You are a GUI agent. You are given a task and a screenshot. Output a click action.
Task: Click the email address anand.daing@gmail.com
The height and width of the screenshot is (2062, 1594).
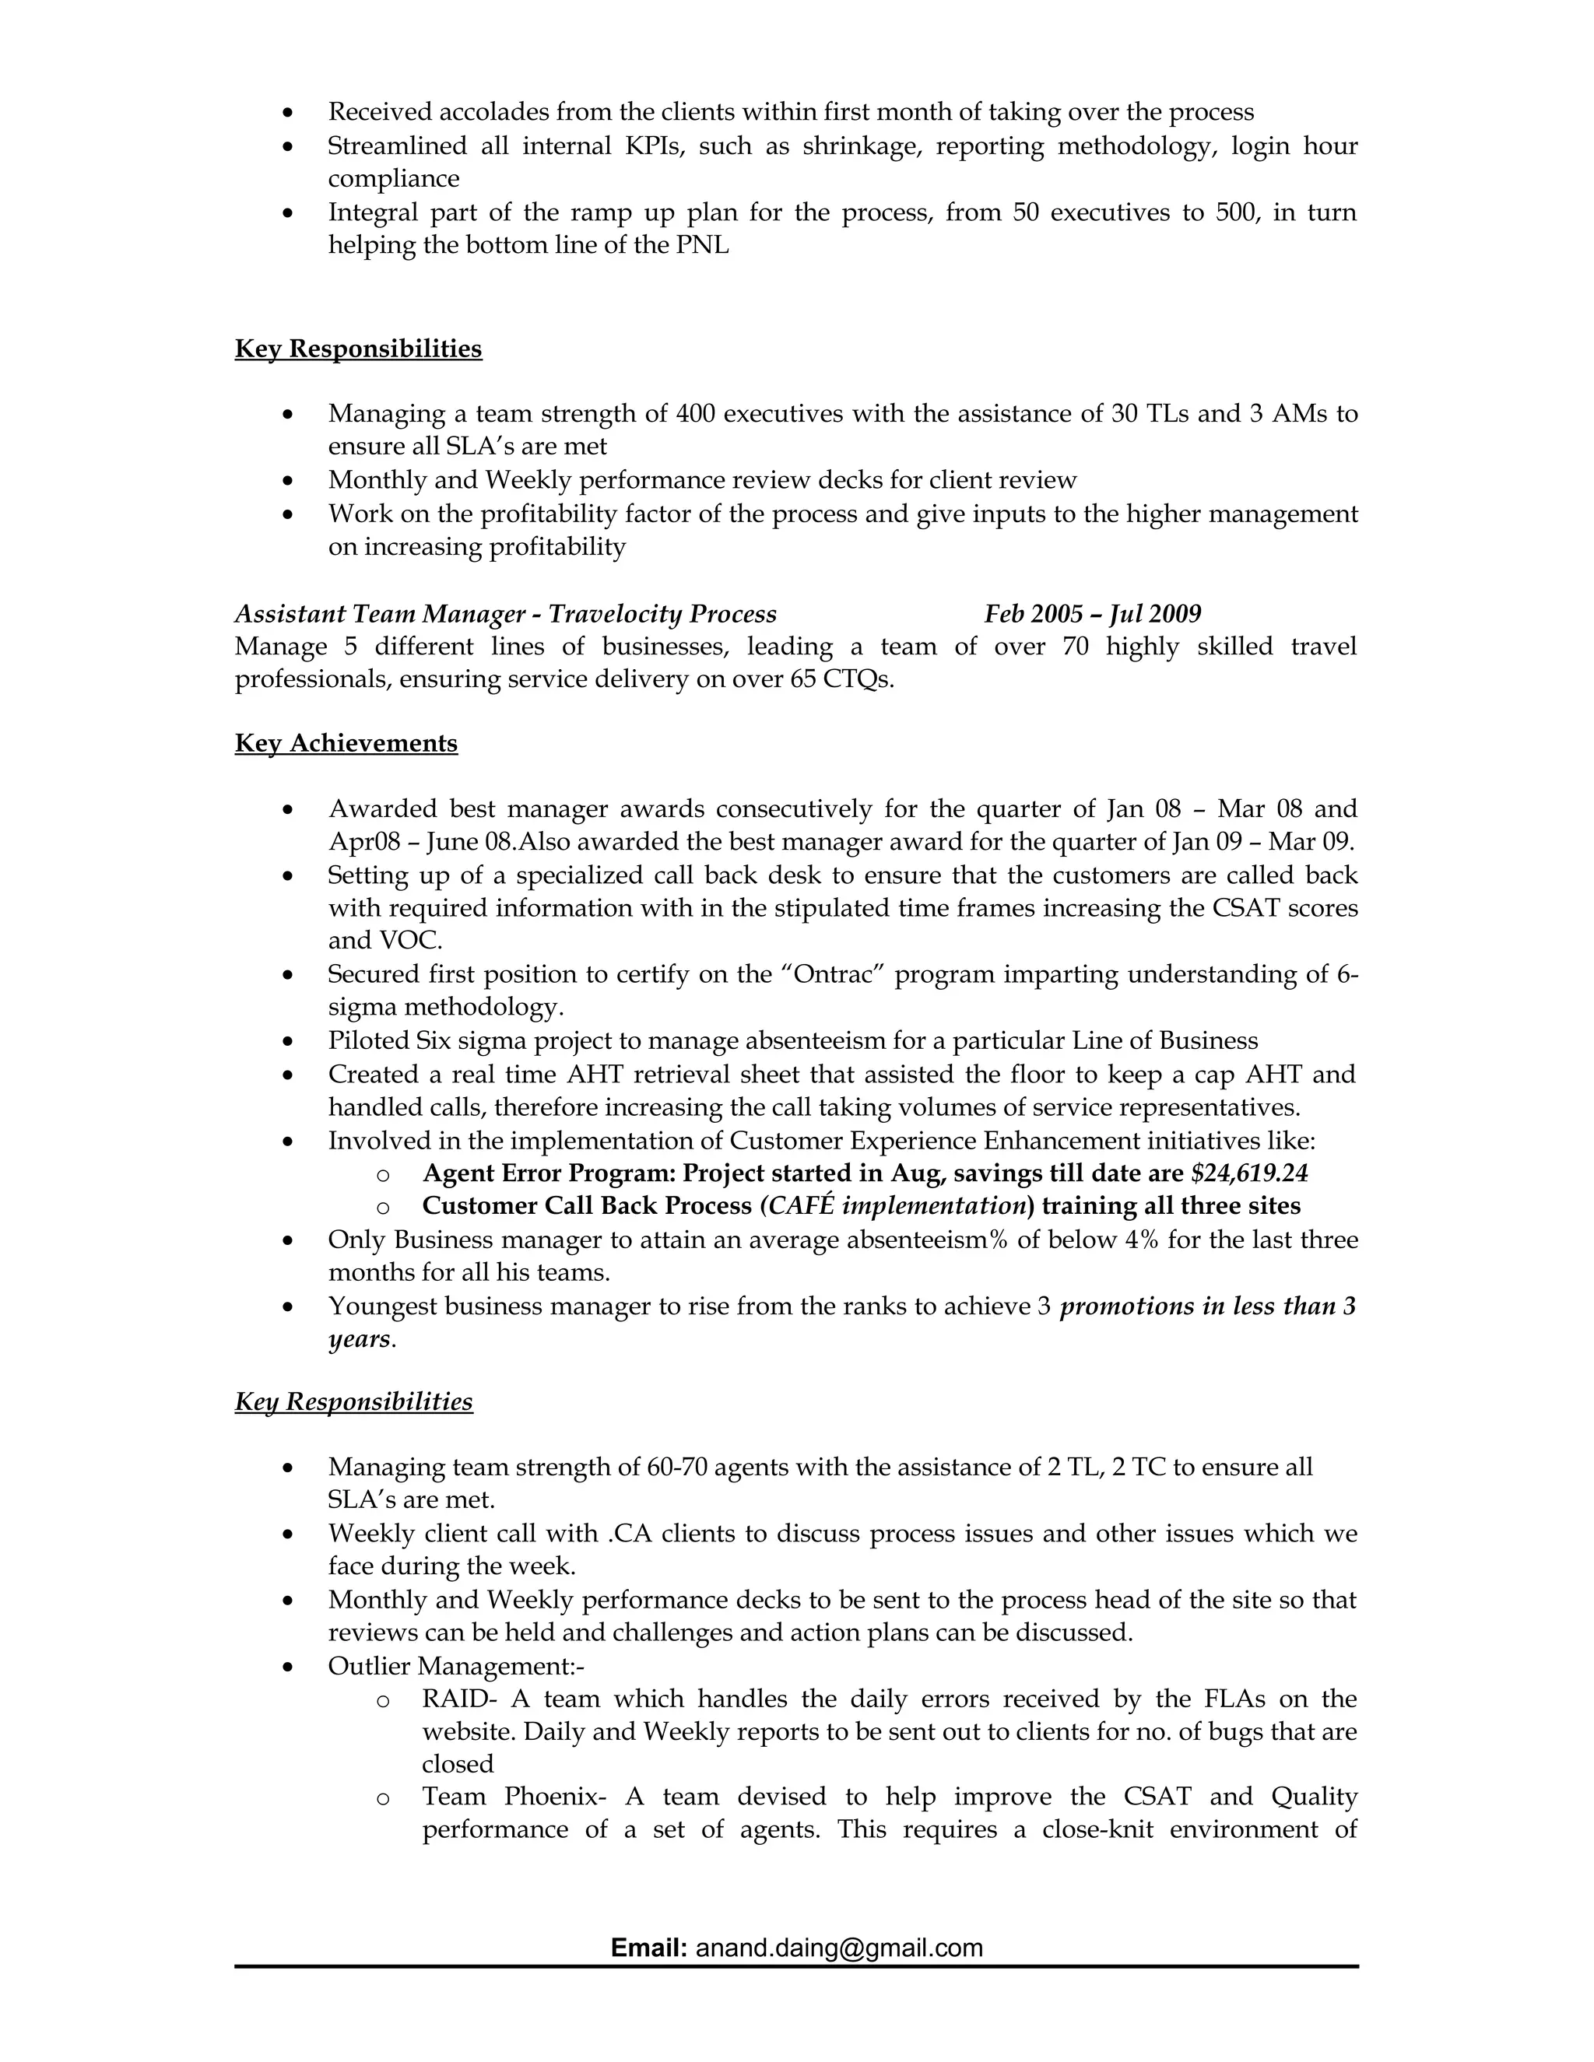[838, 1948]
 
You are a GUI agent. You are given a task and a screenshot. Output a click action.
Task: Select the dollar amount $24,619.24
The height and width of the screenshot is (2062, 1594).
[1249, 1173]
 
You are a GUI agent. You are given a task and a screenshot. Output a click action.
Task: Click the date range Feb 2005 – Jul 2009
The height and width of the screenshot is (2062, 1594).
[1092, 614]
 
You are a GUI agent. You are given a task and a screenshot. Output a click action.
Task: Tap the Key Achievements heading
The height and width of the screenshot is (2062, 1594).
[346, 743]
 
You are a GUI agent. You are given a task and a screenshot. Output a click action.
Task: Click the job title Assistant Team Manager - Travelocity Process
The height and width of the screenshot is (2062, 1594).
[505, 614]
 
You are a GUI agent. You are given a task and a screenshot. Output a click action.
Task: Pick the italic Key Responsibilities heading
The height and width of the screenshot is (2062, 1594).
[353, 1401]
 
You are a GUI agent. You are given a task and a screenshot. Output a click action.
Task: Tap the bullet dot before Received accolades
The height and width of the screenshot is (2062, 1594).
[288, 114]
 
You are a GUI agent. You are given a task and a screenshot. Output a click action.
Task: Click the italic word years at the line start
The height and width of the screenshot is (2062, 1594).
[359, 1339]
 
